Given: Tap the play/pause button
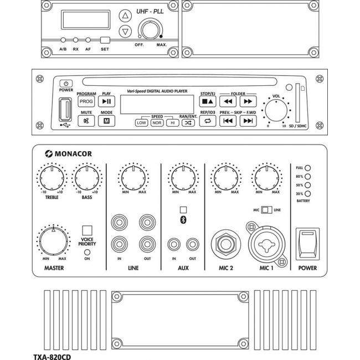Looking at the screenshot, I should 106,102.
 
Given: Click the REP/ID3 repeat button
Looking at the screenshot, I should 208,121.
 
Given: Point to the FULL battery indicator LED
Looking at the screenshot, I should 308,167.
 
